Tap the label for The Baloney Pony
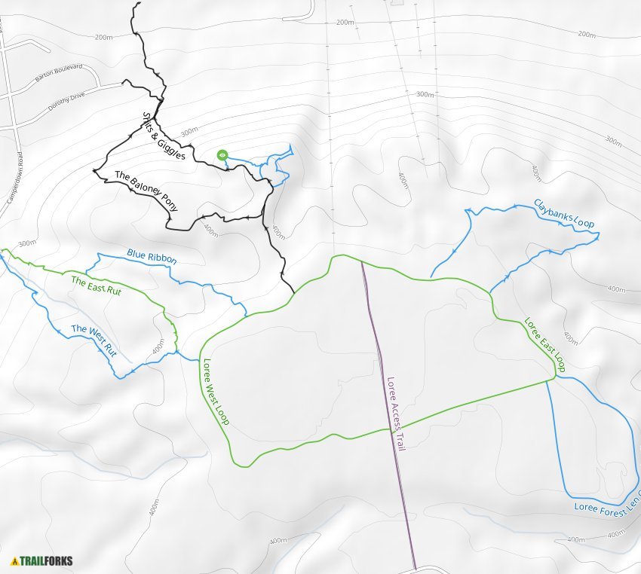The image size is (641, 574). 145,187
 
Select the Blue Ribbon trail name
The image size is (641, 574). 152,256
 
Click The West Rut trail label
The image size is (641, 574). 94,340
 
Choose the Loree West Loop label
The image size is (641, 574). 215,392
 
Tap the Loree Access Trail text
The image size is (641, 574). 396,414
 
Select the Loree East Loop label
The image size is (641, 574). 545,346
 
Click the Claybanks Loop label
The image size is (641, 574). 564,213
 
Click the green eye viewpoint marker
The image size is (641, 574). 222,155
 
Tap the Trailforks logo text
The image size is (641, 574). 47,561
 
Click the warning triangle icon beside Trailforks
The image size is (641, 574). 14,561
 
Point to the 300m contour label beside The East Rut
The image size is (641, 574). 27,243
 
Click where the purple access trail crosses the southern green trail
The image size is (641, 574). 390,428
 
